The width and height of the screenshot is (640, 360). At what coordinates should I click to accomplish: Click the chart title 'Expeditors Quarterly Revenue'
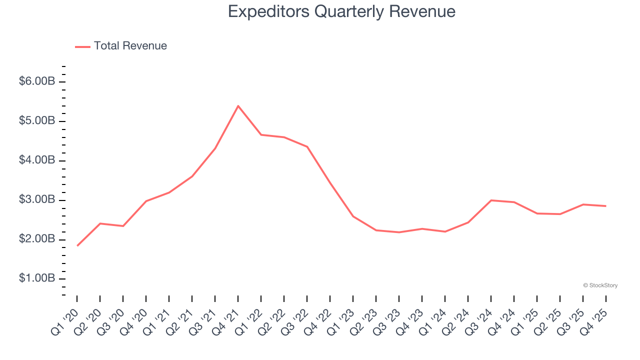[341, 11]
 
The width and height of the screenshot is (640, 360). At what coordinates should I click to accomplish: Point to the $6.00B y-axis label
[37, 81]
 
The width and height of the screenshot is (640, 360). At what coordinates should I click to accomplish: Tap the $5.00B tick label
[37, 121]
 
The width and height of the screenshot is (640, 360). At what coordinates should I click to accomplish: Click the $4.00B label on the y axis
[37, 160]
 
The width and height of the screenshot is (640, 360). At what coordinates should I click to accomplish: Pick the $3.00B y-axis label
[37, 200]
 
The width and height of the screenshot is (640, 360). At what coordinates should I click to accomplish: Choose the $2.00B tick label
[37, 239]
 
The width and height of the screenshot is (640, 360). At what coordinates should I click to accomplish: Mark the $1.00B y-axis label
[37, 278]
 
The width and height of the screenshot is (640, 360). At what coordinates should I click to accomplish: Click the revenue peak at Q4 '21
[238, 106]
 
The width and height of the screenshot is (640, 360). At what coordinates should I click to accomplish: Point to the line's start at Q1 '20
[77, 245]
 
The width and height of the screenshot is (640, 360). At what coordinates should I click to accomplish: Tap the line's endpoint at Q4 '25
[605, 206]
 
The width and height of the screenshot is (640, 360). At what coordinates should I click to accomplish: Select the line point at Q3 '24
[491, 200]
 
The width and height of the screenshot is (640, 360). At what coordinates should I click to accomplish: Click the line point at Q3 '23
[399, 232]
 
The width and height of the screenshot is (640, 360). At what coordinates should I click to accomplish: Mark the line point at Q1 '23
[353, 216]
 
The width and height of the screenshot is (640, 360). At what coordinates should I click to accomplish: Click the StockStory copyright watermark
[600, 285]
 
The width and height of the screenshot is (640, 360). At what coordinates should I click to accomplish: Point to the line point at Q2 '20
[100, 223]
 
